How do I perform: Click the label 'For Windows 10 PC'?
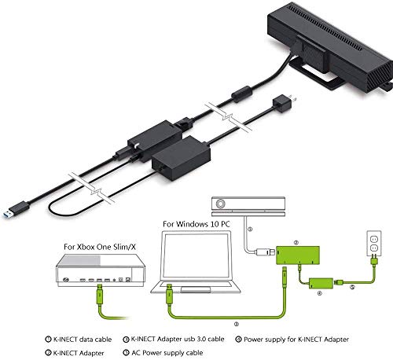coord(196,224)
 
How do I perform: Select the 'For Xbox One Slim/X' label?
coord(100,247)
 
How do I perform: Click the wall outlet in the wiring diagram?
coord(374,243)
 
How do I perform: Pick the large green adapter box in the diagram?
coord(298,255)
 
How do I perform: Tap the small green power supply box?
coord(321,283)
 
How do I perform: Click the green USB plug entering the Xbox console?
coord(100,295)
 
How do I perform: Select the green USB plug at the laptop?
coord(170,294)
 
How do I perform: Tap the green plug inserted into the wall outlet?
coord(374,261)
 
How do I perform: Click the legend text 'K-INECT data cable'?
coord(83,340)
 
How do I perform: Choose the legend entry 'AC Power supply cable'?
coord(167,353)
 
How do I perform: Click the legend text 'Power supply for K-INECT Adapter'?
coord(296,340)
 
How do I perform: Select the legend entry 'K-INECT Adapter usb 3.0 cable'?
coord(178,339)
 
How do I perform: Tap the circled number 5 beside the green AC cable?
coord(352,287)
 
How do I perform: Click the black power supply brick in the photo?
coord(182,158)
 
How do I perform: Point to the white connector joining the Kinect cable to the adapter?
coord(265,252)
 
